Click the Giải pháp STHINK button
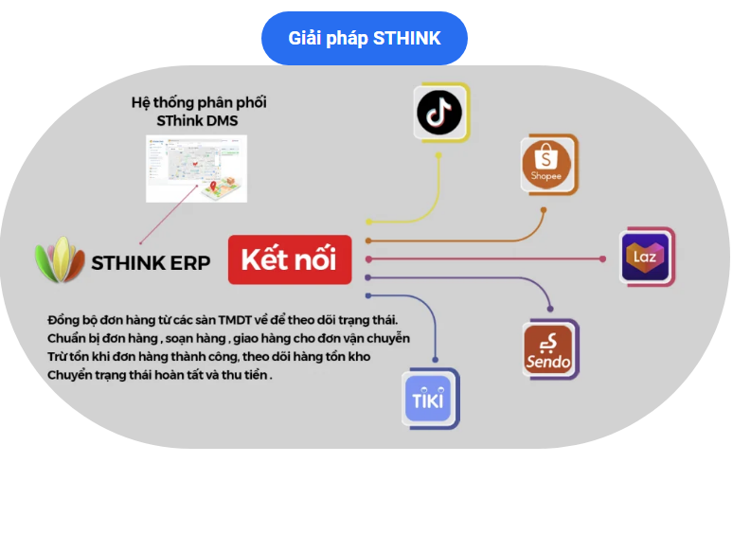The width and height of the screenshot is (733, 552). pos(365,39)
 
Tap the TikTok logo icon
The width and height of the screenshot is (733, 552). pos(440,112)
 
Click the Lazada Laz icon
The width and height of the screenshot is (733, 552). pos(646,256)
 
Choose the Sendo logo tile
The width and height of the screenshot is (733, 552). pos(550,350)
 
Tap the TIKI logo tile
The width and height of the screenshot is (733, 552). pos(430,398)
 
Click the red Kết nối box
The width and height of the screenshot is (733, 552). pos(289,258)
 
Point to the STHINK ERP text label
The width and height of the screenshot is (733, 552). pos(151,263)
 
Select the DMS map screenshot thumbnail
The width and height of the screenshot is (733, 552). pos(196,168)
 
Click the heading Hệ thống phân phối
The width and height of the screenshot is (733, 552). pos(199,102)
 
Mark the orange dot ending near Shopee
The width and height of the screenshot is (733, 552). pos(543,210)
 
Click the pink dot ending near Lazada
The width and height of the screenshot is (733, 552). pos(603,258)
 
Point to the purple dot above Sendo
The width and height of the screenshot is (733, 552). pos(549,308)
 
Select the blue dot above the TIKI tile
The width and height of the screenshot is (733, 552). pos(435,357)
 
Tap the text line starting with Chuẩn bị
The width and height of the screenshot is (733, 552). pos(228,338)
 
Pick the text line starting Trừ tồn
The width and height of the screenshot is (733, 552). pos(209,357)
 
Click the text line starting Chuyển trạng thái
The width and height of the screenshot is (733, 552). pos(159,376)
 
